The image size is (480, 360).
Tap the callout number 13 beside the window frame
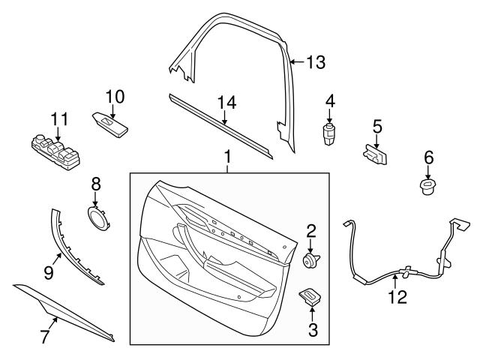316,63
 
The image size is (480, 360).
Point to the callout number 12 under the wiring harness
397,297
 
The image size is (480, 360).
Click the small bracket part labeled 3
310,297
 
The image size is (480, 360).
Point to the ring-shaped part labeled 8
97,217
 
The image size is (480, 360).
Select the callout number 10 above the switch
115,96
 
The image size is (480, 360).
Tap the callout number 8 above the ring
95,182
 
